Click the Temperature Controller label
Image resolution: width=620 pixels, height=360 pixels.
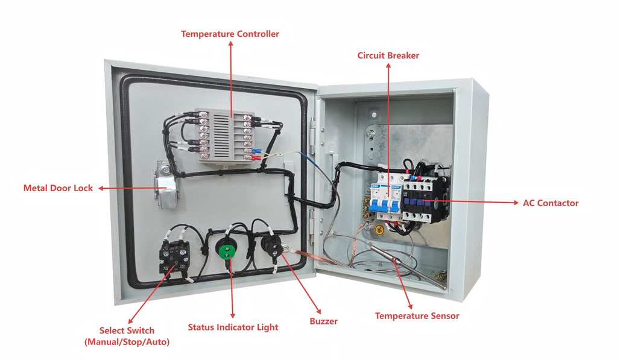click(230, 34)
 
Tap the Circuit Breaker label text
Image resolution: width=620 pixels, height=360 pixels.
click(388, 55)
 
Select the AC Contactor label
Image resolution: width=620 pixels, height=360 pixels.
click(550, 203)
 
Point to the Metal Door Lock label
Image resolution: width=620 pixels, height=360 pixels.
click(58, 188)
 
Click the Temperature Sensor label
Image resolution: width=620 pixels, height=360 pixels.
click(417, 316)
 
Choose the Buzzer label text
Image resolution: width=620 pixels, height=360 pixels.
click(323, 321)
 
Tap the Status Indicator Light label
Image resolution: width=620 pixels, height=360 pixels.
click(233, 327)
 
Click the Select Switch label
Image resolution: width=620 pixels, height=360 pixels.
click(127, 336)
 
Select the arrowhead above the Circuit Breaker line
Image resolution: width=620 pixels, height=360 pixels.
click(388, 66)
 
